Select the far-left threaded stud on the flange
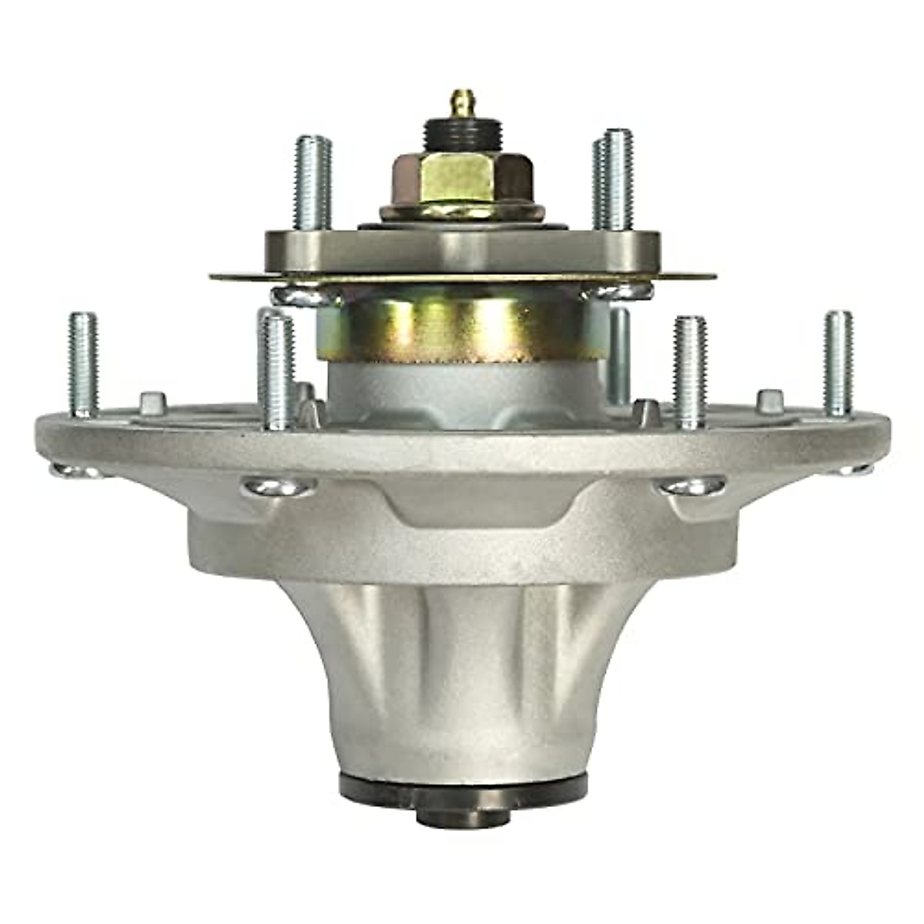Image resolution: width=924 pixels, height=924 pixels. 83,362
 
